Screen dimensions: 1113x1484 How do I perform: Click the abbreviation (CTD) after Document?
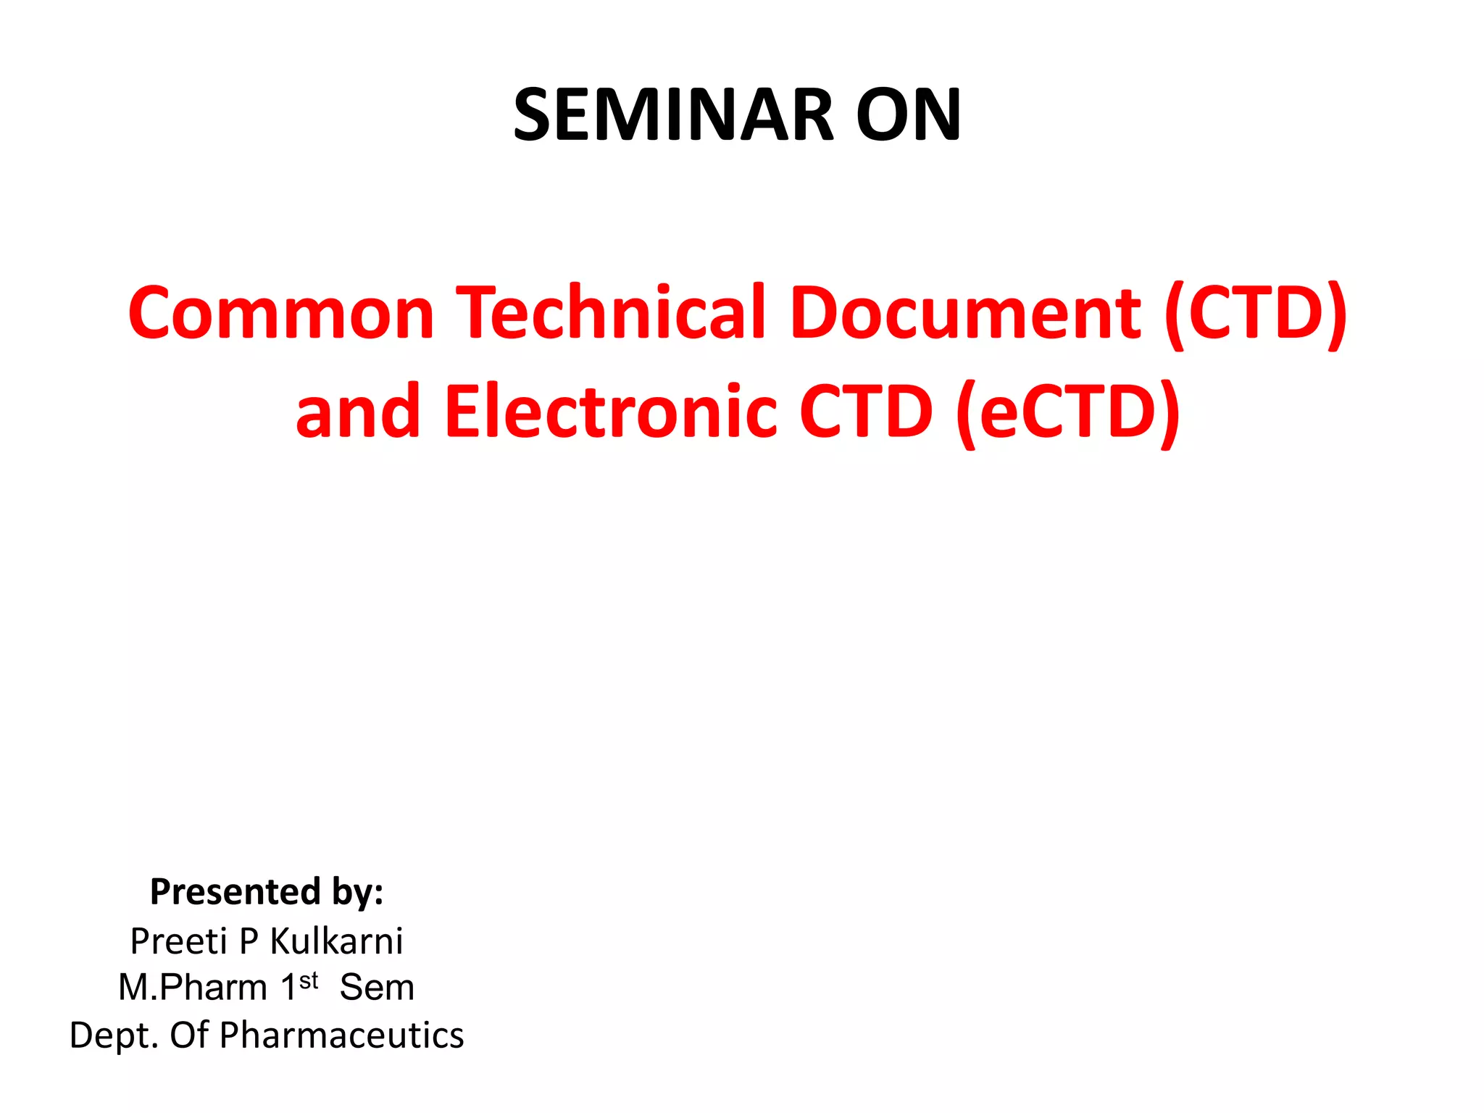coord(1256,312)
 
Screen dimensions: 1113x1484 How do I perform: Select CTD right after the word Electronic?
coord(866,411)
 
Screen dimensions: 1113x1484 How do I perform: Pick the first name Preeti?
coord(179,941)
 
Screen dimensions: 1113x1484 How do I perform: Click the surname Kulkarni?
coord(336,941)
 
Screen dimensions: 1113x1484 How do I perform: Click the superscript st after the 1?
coord(309,980)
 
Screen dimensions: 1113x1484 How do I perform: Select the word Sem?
coord(377,988)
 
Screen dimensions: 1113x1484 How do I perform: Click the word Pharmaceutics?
coord(341,1035)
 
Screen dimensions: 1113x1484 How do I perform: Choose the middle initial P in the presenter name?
coord(249,941)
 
